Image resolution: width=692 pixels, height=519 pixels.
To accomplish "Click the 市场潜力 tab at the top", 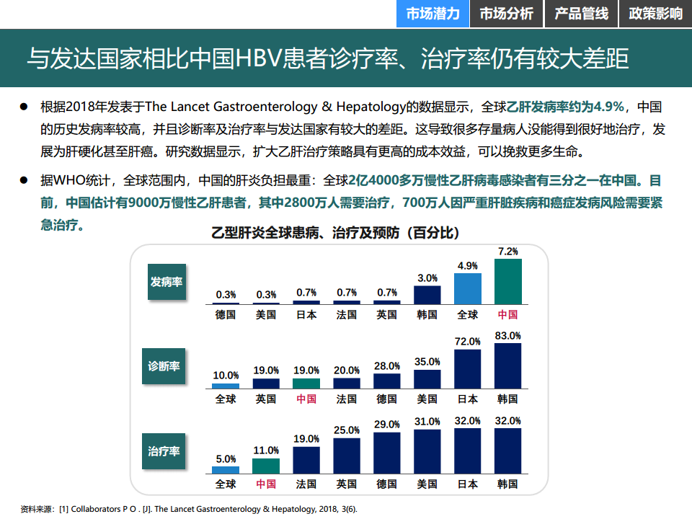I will pyautogui.click(x=432, y=14).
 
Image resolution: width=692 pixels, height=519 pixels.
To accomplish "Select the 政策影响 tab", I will pyautogui.click(x=655, y=14).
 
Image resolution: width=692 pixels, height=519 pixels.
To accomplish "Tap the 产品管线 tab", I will pyautogui.click(x=581, y=14).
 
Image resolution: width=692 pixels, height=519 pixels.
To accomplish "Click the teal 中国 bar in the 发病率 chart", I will pyautogui.click(x=507, y=281).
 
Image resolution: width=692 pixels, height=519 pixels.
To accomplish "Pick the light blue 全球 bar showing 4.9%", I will pyautogui.click(x=467, y=288).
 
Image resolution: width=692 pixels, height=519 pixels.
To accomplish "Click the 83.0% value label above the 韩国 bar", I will pyautogui.click(x=507, y=336).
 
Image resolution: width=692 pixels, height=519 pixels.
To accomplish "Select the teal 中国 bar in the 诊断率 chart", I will pyautogui.click(x=306, y=383).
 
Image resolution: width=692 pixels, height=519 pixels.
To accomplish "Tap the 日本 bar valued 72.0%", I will pyautogui.click(x=467, y=369).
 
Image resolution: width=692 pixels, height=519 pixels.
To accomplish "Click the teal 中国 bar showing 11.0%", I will pyautogui.click(x=266, y=466).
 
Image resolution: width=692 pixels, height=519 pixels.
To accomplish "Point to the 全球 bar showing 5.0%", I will pyautogui.click(x=226, y=471).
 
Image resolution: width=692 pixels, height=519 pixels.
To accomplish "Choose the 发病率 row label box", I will pyautogui.click(x=167, y=282).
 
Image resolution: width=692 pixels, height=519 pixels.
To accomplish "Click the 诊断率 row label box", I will pyautogui.click(x=164, y=366).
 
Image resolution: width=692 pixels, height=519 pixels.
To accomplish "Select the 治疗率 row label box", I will pyautogui.click(x=164, y=451).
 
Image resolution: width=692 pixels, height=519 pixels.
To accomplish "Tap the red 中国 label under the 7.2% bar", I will pyautogui.click(x=507, y=314).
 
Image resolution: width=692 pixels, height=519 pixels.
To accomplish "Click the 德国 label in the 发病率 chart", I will pyautogui.click(x=226, y=314).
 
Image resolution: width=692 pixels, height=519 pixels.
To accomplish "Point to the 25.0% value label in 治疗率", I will pyautogui.click(x=347, y=430).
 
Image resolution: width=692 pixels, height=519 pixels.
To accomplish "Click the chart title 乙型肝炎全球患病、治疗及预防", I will pyautogui.click(x=334, y=233).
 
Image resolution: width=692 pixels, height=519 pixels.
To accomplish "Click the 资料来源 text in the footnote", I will pyautogui.click(x=37, y=509).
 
